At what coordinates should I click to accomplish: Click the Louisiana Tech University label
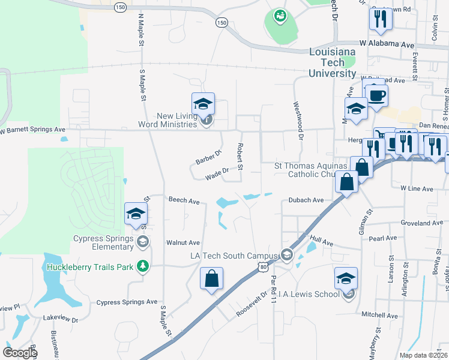coord(332,62)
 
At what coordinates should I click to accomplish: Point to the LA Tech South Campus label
coord(234,256)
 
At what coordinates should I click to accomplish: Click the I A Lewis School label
coord(308,294)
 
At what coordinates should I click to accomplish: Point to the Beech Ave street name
coord(184,201)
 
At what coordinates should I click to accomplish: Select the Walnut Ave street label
coord(184,242)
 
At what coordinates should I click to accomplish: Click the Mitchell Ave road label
coord(379,314)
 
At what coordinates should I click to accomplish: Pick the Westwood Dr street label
coord(298,118)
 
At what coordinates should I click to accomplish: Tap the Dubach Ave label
coord(306,200)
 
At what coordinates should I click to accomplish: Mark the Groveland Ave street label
coord(422,223)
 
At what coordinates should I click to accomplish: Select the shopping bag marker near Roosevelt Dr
coord(212,279)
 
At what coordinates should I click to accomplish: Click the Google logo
coord(20,353)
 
